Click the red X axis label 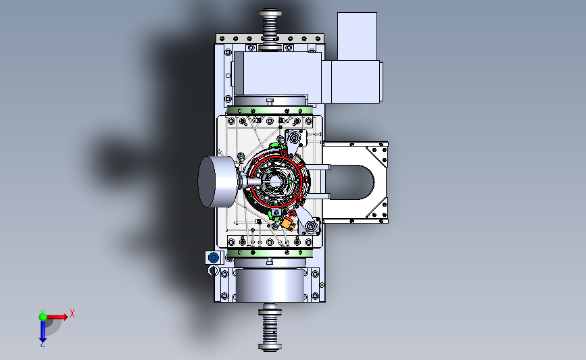pos(72,313)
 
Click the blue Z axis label pos(42,344)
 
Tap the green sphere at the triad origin pos(43,317)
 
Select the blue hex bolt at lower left pos(214,258)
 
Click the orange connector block pos(288,224)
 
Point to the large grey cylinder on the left pos(217,182)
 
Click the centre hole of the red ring pos(276,182)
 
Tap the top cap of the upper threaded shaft pos(270,13)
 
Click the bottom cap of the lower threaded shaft pos(270,347)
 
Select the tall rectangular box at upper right pos(357,36)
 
